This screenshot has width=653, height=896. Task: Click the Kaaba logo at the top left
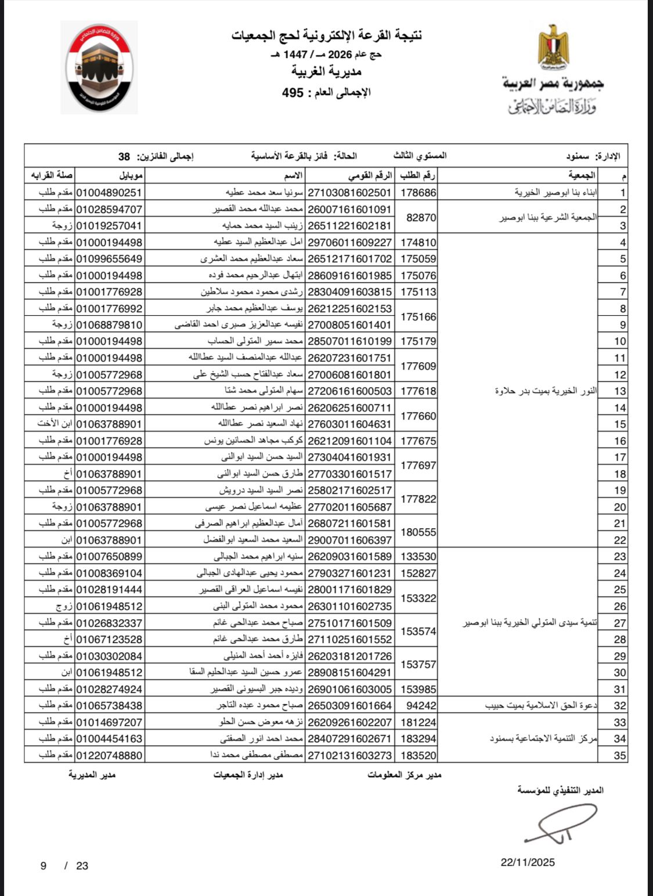99,67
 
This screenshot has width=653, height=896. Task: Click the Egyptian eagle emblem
553,46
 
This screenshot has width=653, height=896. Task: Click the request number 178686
419,193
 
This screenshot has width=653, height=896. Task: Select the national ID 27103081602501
349,193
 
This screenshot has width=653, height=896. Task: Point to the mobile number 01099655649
109,259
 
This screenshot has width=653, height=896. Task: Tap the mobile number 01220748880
109,756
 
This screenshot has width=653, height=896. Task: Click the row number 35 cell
620,756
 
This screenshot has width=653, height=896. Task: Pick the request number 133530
419,557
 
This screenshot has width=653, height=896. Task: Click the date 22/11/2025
528,862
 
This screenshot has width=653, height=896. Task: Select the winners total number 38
124,157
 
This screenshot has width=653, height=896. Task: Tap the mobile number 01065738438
109,706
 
